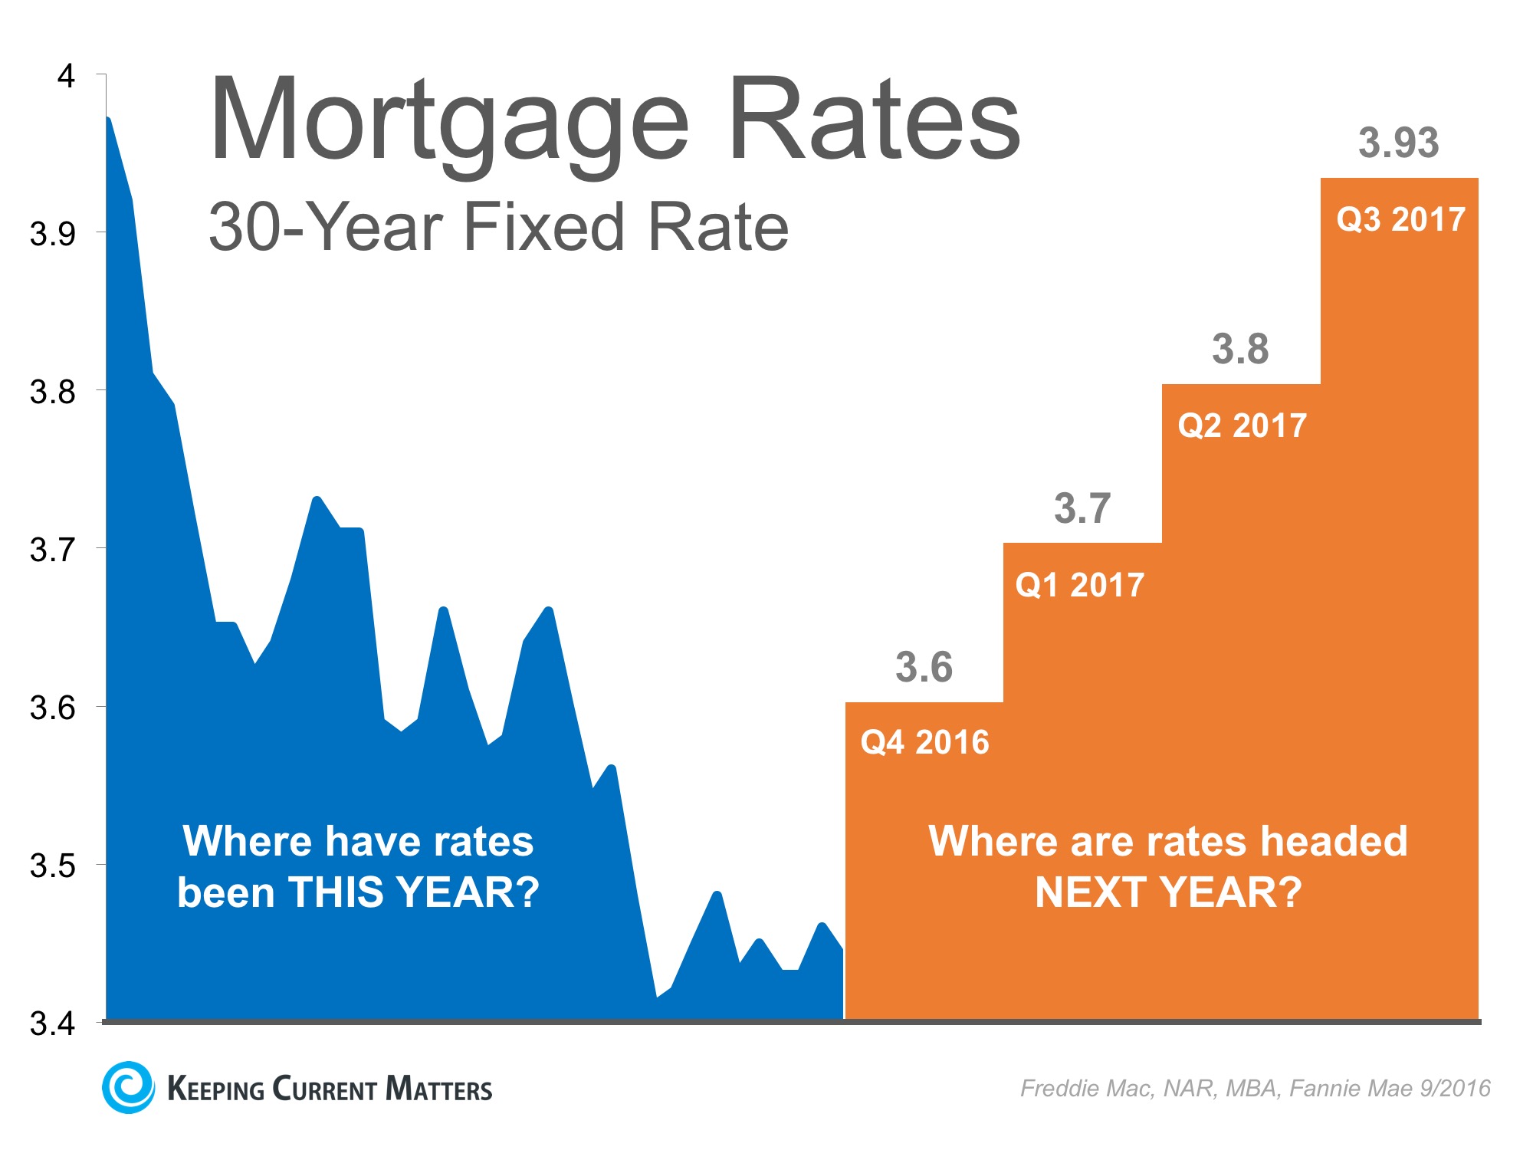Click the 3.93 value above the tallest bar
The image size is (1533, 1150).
click(x=1398, y=143)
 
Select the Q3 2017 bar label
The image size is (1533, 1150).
click(x=1401, y=219)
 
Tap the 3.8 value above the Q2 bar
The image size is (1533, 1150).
click(x=1240, y=349)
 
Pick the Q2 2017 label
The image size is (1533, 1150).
click(x=1242, y=426)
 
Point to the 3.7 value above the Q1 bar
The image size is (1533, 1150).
click(x=1082, y=508)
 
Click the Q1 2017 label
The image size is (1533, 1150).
click(x=1079, y=585)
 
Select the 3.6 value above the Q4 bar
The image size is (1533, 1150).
click(x=924, y=667)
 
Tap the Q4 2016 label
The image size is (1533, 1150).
click(x=924, y=742)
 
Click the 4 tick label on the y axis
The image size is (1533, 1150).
click(x=67, y=76)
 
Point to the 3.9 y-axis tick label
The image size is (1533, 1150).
click(x=53, y=234)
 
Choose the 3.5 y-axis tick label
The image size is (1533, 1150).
click(x=53, y=866)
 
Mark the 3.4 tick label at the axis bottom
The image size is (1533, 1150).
click(x=53, y=1024)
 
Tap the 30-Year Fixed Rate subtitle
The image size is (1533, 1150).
click(x=498, y=227)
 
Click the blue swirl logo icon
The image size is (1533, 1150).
click(x=128, y=1087)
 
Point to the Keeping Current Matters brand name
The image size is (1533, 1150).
click(x=330, y=1089)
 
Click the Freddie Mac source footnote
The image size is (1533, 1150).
click(x=1256, y=1088)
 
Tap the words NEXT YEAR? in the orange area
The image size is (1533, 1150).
click(x=1168, y=892)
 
